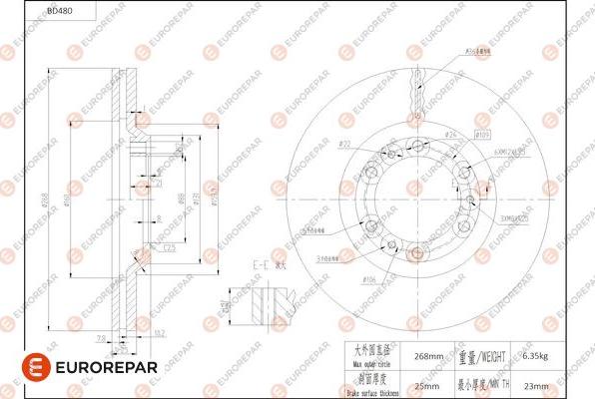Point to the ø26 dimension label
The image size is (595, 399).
coord(451,134)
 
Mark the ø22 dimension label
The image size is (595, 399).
coord(344,145)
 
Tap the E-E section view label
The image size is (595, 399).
coord(264,265)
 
